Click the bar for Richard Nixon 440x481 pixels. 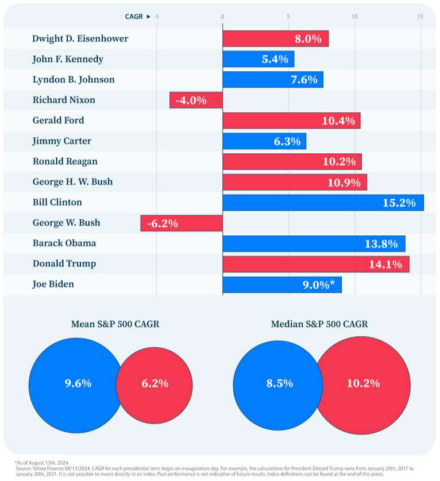tap(196, 100)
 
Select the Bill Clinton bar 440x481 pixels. tap(323, 203)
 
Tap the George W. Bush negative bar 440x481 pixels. tap(182, 223)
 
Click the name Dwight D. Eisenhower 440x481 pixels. tap(80, 38)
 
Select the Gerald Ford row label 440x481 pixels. tap(58, 120)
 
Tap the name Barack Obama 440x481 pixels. tap(64, 243)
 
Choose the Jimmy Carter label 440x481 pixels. tap(61, 141)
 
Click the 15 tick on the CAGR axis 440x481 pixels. tap(420, 17)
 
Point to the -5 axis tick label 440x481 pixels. tap(156, 17)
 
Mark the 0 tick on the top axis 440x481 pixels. tap(222, 17)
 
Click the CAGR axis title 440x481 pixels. tap(134, 17)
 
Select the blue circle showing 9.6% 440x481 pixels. tap(72, 383)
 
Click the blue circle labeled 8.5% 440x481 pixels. tap(273, 383)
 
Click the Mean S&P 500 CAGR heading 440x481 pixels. tap(115, 324)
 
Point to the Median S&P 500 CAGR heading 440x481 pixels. tap(319, 324)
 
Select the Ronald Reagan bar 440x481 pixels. tap(292, 161)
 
